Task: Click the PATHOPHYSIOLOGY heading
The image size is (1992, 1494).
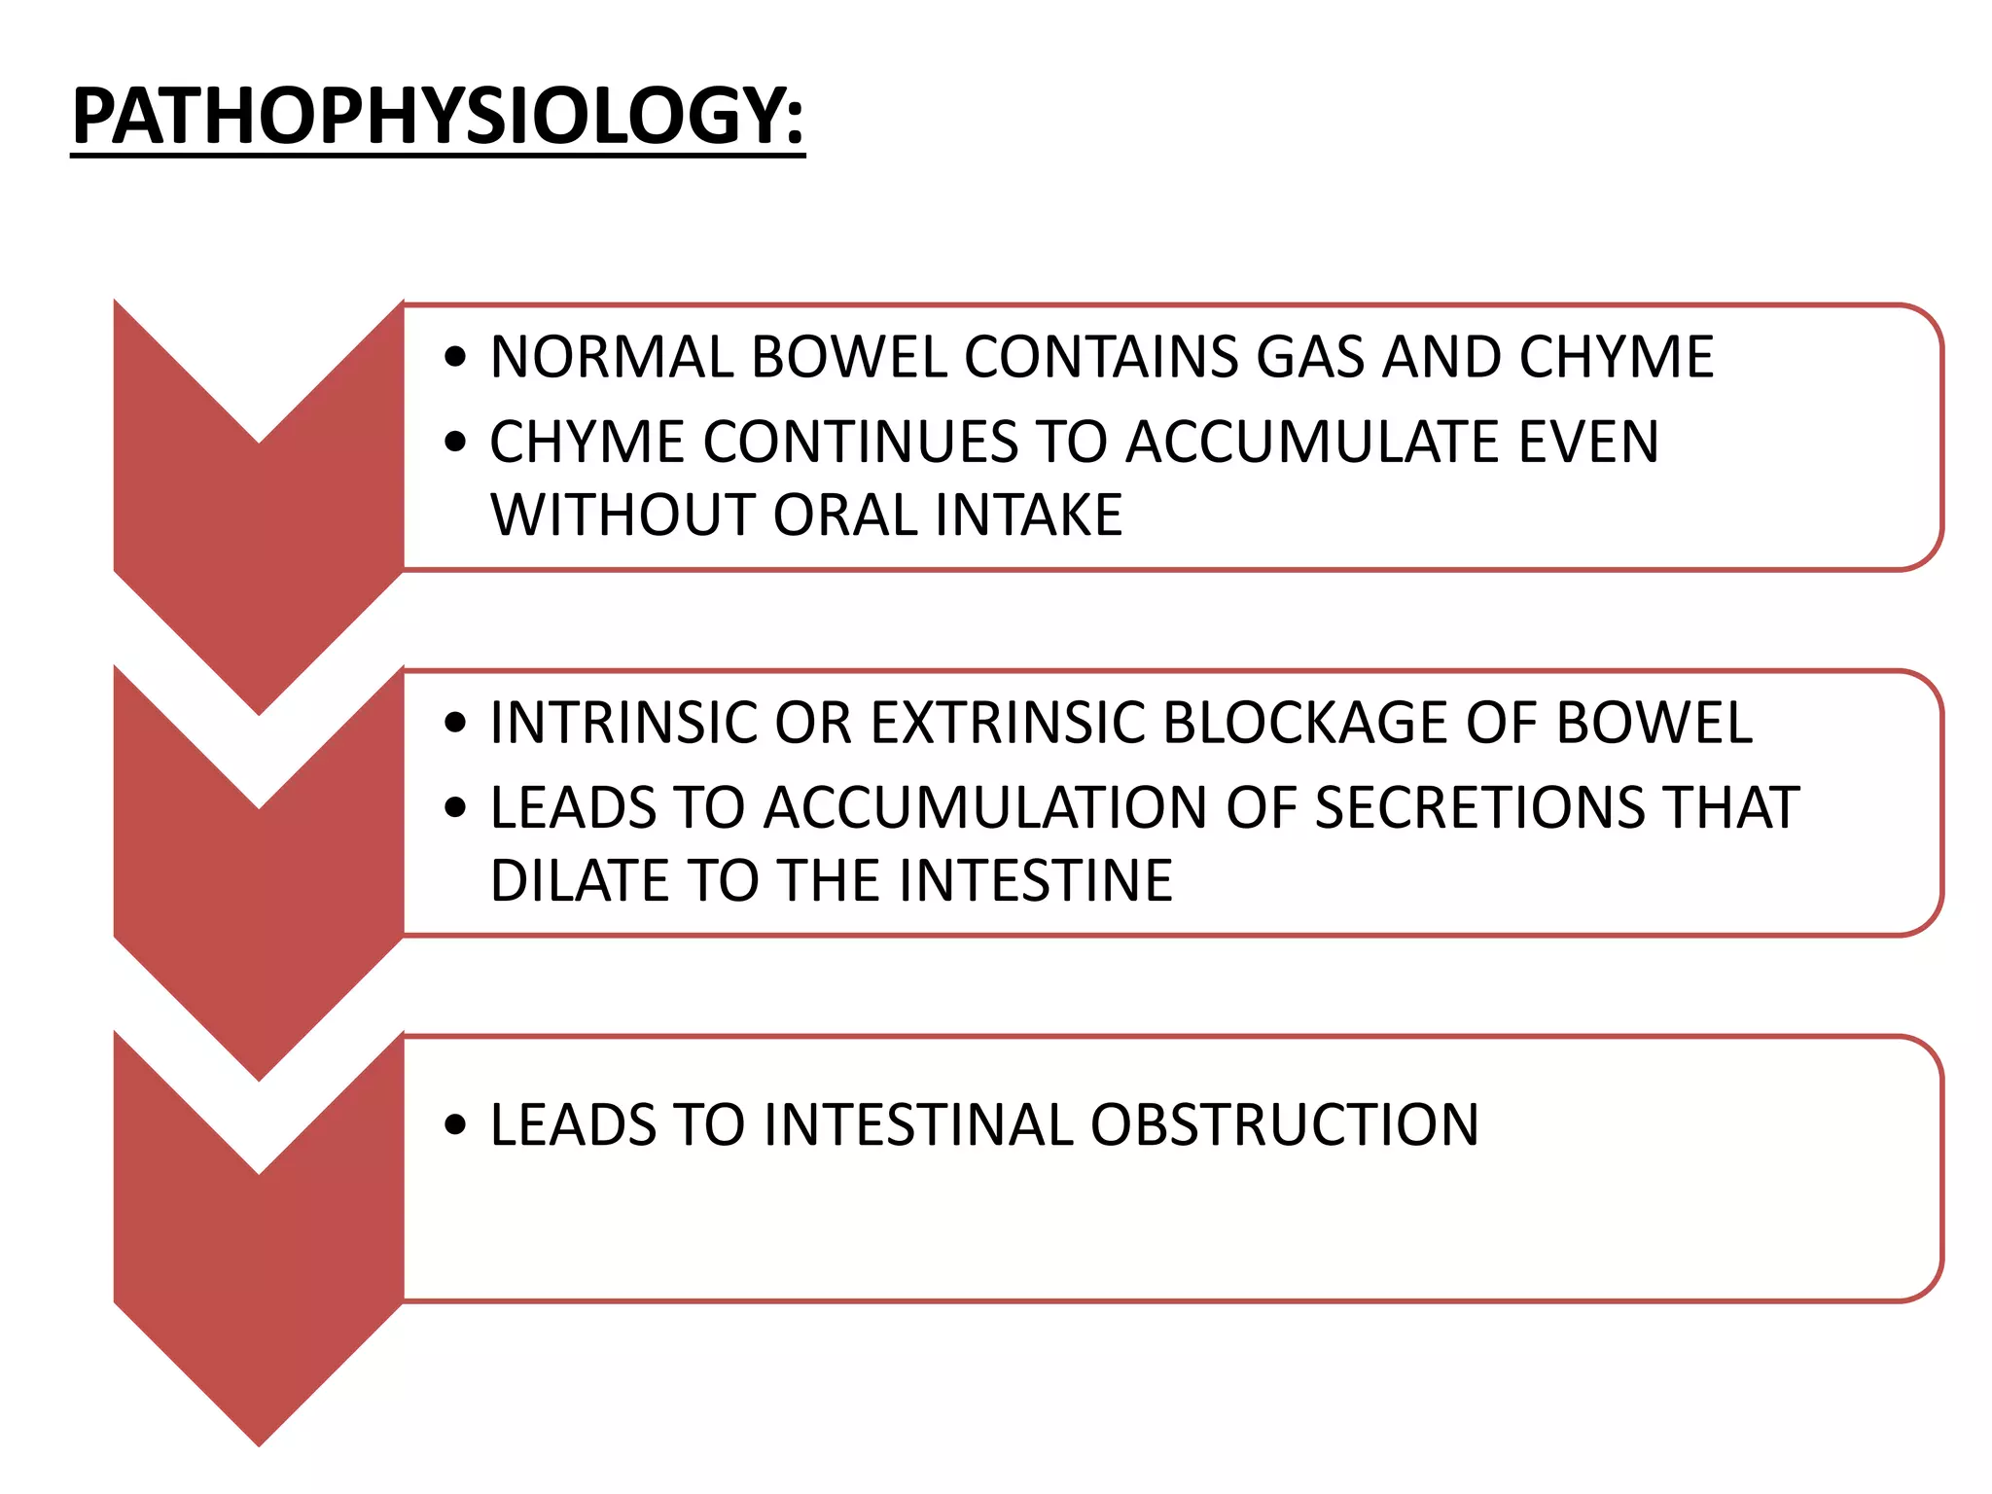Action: [x=438, y=117]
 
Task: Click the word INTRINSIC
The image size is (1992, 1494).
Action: [x=622, y=723]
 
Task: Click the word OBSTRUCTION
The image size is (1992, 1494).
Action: [x=1284, y=1125]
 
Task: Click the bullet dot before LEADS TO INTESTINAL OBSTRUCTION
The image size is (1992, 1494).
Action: [x=454, y=1126]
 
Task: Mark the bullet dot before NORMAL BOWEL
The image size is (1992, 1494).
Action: [x=454, y=358]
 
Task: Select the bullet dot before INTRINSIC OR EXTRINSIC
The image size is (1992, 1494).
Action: [x=454, y=724]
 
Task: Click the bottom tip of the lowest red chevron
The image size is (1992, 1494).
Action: [x=259, y=1442]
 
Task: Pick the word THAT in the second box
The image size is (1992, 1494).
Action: [x=1730, y=807]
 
